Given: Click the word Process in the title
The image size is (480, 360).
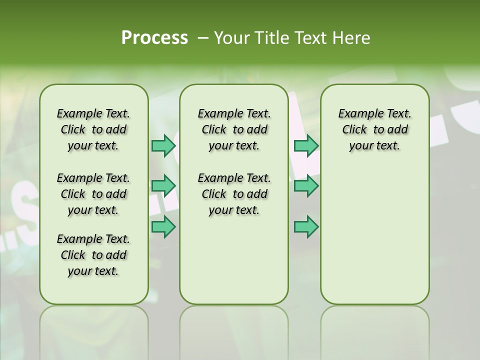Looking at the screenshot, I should (154, 37).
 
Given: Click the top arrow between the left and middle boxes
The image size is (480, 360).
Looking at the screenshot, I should (163, 146).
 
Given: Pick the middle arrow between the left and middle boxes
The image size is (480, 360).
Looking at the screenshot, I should (163, 186).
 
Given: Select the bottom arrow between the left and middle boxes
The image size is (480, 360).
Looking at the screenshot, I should (163, 227).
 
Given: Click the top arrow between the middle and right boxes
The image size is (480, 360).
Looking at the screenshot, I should (306, 146).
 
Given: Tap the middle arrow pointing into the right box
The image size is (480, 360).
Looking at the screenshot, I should (306, 186).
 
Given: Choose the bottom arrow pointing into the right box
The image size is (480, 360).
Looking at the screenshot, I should (306, 227).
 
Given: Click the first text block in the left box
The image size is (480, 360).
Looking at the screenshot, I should (93, 129).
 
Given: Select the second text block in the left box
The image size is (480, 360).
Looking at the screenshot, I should (93, 194).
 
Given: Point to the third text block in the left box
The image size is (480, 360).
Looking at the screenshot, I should (93, 255).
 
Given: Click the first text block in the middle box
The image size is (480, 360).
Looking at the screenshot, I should (234, 129).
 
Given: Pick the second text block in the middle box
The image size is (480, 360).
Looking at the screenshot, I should (234, 194).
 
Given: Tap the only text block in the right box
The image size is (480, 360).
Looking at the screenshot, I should (374, 129).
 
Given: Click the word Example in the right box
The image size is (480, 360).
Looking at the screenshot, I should (357, 114).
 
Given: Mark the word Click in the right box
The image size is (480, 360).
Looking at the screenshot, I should (354, 130).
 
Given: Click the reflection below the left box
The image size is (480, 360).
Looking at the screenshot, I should (94, 330).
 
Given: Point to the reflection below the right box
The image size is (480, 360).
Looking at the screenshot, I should (374, 330).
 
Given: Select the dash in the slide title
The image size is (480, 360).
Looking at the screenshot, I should (202, 38).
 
